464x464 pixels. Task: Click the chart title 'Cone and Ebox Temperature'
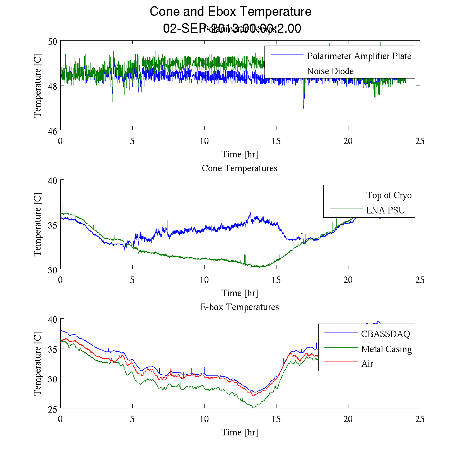[230, 12]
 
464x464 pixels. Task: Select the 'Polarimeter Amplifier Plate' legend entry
[359, 56]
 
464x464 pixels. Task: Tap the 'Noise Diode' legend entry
[330, 71]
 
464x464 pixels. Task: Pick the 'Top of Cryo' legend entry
[389, 195]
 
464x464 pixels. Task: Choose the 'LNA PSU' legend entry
[385, 210]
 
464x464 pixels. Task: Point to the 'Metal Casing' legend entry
[386, 349]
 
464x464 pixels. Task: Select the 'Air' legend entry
[367, 364]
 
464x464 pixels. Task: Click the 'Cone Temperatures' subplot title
[239, 168]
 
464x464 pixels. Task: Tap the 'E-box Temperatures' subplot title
[239, 307]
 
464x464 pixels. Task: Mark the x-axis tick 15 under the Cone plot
[276, 280]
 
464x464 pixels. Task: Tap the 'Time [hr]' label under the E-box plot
[239, 432]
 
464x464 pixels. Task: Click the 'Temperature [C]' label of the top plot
[38, 86]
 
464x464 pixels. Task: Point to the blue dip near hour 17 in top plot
[304, 108]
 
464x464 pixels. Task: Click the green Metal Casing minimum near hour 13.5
[253, 407]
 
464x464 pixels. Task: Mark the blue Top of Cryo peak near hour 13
[250, 213]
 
